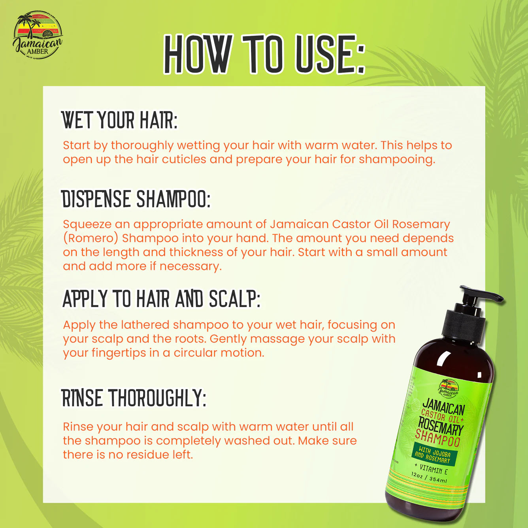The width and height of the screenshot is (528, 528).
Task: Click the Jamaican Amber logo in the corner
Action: [x=38, y=35]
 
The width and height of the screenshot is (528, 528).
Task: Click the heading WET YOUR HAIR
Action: [x=119, y=120]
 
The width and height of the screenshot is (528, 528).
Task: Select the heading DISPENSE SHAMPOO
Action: [x=136, y=199]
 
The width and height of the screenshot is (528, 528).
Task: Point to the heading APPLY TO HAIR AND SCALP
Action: [x=161, y=299]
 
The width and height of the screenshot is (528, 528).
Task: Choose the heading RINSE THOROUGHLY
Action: [x=134, y=398]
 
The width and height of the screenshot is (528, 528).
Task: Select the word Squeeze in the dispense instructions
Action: [x=87, y=224]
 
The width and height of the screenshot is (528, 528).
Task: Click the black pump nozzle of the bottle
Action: [x=480, y=294]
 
